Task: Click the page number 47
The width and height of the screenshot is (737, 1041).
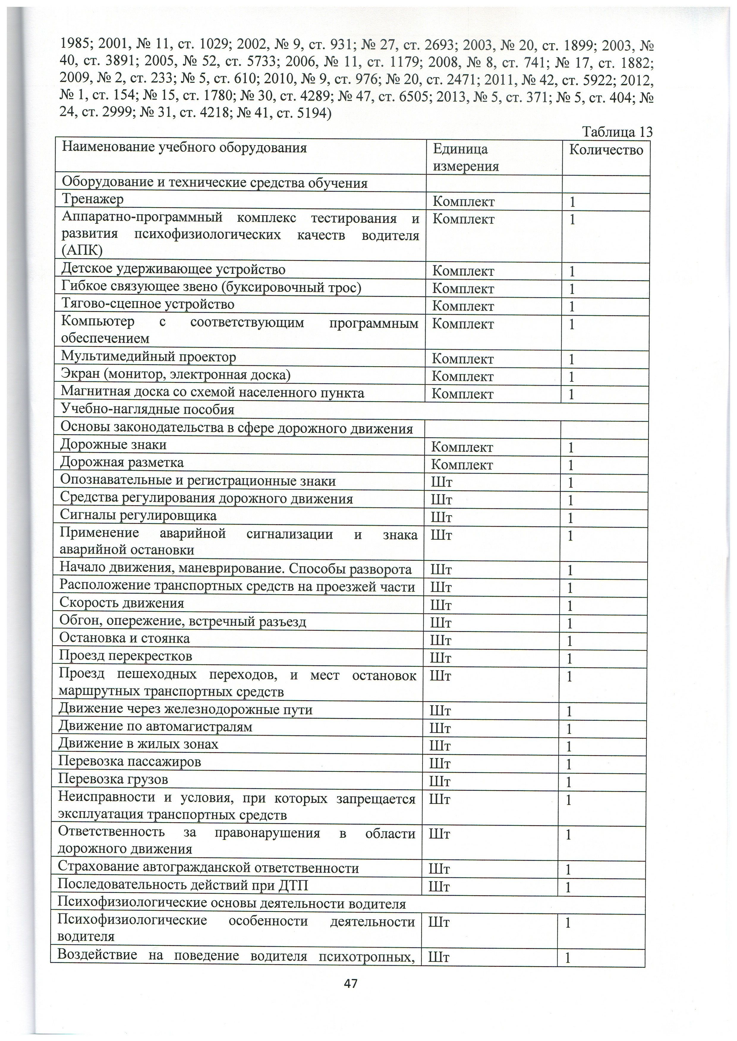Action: (x=351, y=983)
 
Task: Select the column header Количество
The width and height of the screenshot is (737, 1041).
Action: (x=606, y=150)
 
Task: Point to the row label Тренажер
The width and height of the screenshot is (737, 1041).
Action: (x=93, y=199)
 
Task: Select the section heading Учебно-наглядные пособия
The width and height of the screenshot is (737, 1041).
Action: (x=147, y=410)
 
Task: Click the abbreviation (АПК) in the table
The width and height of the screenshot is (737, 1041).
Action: (x=82, y=250)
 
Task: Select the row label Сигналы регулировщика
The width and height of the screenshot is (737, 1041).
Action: (x=138, y=516)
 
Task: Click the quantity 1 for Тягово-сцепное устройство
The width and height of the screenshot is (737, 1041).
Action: (x=572, y=307)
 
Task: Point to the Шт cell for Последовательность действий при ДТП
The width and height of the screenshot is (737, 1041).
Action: (x=439, y=886)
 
